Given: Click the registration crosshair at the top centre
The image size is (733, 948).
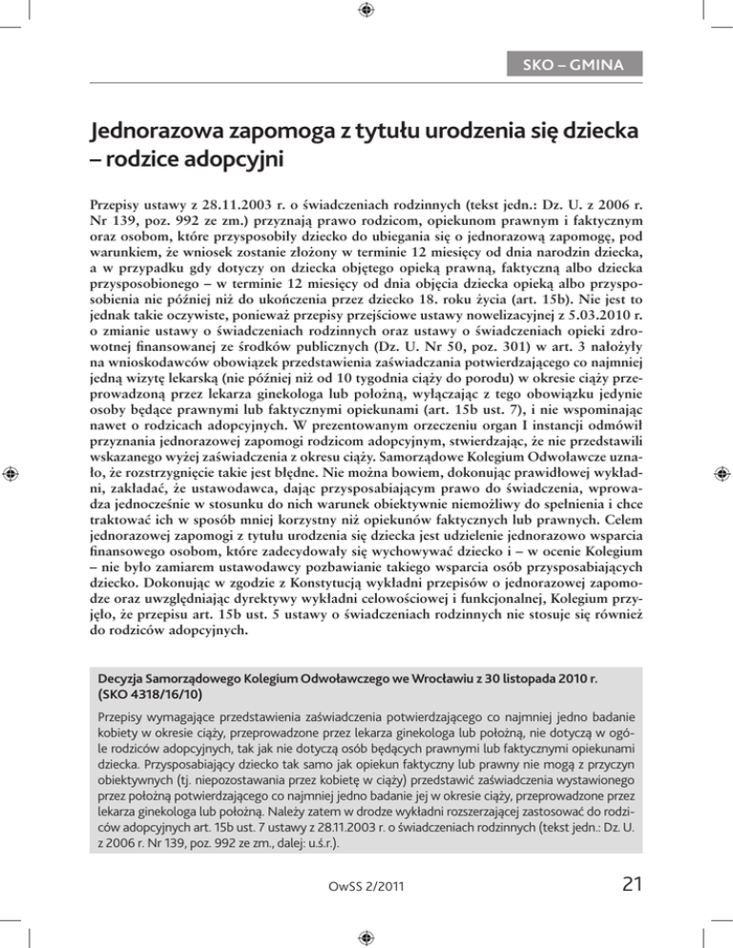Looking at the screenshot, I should pos(366,12).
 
